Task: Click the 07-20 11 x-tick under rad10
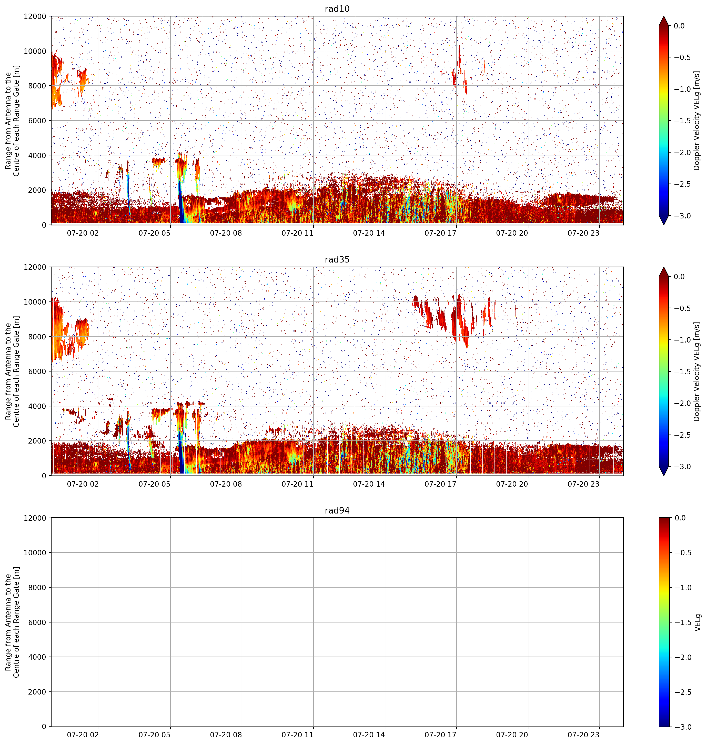pyautogui.click(x=297, y=233)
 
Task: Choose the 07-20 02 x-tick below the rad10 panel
pyautogui.click(x=83, y=233)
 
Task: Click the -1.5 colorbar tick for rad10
pyautogui.click(x=682, y=120)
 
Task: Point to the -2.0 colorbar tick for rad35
pyautogui.click(x=682, y=403)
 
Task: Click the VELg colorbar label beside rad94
pyautogui.click(x=697, y=622)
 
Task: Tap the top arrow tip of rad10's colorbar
pyautogui.click(x=664, y=16)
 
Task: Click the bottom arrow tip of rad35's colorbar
pyautogui.click(x=664, y=476)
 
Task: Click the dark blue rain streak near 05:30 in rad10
pyautogui.click(x=181, y=204)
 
